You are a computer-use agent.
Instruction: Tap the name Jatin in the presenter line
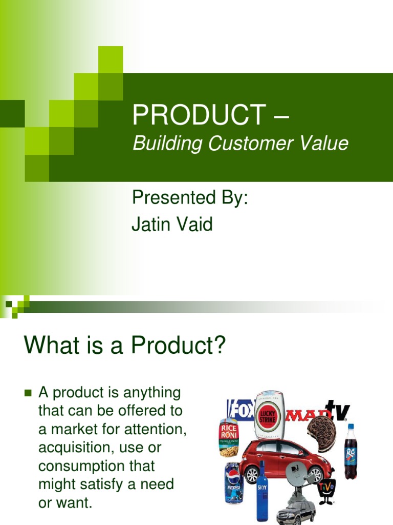150,225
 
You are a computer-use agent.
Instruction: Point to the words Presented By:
190,198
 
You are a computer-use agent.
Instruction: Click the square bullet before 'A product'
28,394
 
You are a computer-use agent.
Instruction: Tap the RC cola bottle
351,452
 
